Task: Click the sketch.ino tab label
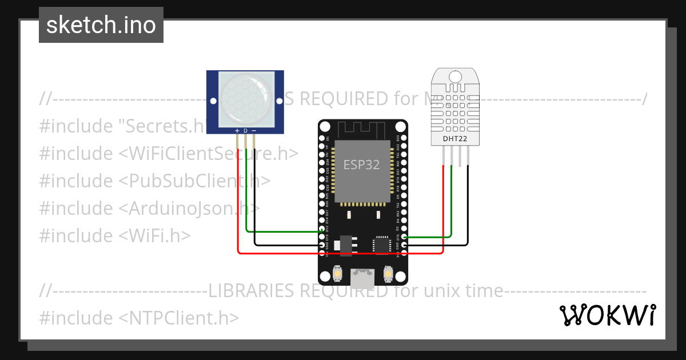pyautogui.click(x=101, y=25)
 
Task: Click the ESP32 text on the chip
pyautogui.click(x=361, y=165)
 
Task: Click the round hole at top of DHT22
pyautogui.click(x=456, y=77)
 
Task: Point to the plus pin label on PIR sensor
pyautogui.click(x=238, y=131)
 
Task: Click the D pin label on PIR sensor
pyautogui.click(x=246, y=131)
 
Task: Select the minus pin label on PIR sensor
pyautogui.click(x=254, y=131)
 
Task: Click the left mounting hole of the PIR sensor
pyautogui.click(x=213, y=101)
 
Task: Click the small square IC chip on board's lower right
pyautogui.click(x=381, y=244)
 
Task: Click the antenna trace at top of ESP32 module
pyautogui.click(x=362, y=130)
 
